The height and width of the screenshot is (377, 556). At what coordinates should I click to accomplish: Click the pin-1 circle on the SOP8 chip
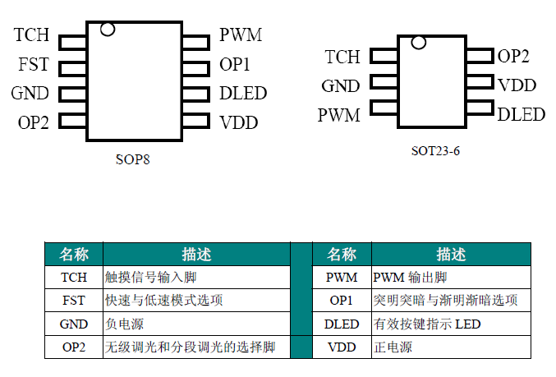click(x=107, y=30)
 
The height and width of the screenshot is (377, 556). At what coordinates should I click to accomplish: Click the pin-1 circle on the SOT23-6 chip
click(x=419, y=42)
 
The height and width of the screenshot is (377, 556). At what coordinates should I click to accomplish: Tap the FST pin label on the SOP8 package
click(x=34, y=65)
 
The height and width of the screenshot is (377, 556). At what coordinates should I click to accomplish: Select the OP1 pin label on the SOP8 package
click(x=235, y=65)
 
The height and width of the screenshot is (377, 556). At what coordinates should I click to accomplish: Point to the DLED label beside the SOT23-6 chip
click(x=522, y=114)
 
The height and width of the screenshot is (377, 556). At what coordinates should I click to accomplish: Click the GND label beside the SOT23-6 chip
click(x=340, y=86)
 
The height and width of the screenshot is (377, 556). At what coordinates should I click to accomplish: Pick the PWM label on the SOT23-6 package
click(x=338, y=115)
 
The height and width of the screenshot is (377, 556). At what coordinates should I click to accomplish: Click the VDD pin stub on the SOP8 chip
click(x=195, y=122)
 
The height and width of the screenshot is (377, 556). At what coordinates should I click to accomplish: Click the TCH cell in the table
click(x=73, y=278)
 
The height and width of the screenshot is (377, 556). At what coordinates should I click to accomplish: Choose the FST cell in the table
click(x=73, y=301)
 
